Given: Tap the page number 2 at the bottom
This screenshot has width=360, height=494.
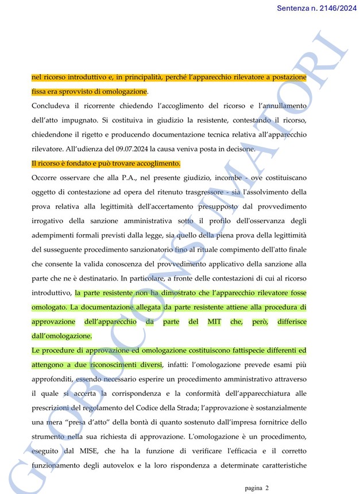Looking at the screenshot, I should coord(266,488).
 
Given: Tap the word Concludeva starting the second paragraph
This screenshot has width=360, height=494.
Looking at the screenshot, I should coord(51,106).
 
